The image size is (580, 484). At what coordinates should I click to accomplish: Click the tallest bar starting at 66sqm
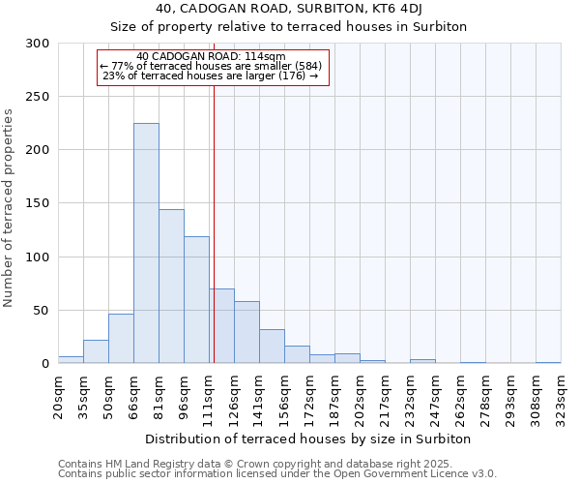(146, 243)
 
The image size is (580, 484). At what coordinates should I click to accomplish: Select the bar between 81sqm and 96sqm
(171, 287)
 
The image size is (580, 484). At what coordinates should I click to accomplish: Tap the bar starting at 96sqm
(196, 300)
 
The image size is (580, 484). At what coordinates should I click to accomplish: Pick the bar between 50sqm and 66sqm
(121, 339)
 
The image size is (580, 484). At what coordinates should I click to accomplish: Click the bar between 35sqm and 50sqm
(96, 351)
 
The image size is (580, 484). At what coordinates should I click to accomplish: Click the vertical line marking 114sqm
(214, 223)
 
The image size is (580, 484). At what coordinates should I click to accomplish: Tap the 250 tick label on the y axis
(38, 97)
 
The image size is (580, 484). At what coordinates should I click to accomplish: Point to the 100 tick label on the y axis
(38, 257)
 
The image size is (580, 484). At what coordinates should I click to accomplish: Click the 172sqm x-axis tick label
(309, 397)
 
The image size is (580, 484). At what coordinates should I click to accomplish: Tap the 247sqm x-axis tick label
(435, 397)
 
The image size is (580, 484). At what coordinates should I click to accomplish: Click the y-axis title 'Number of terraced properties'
(9, 208)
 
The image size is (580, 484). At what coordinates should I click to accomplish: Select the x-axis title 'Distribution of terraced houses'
(308, 439)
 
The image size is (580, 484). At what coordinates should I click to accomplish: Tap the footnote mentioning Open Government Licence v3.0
(276, 474)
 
